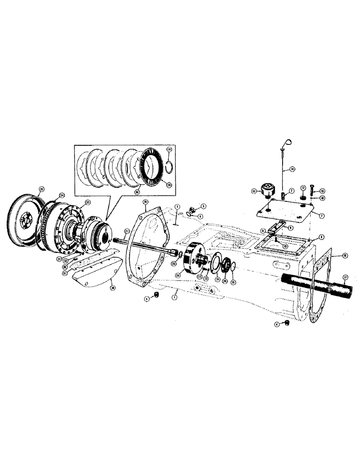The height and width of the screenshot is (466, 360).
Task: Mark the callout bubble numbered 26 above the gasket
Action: (x=145, y=202)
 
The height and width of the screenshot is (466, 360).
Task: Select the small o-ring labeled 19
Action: (x=233, y=266)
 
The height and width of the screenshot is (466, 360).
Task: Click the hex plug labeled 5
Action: (x=192, y=208)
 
